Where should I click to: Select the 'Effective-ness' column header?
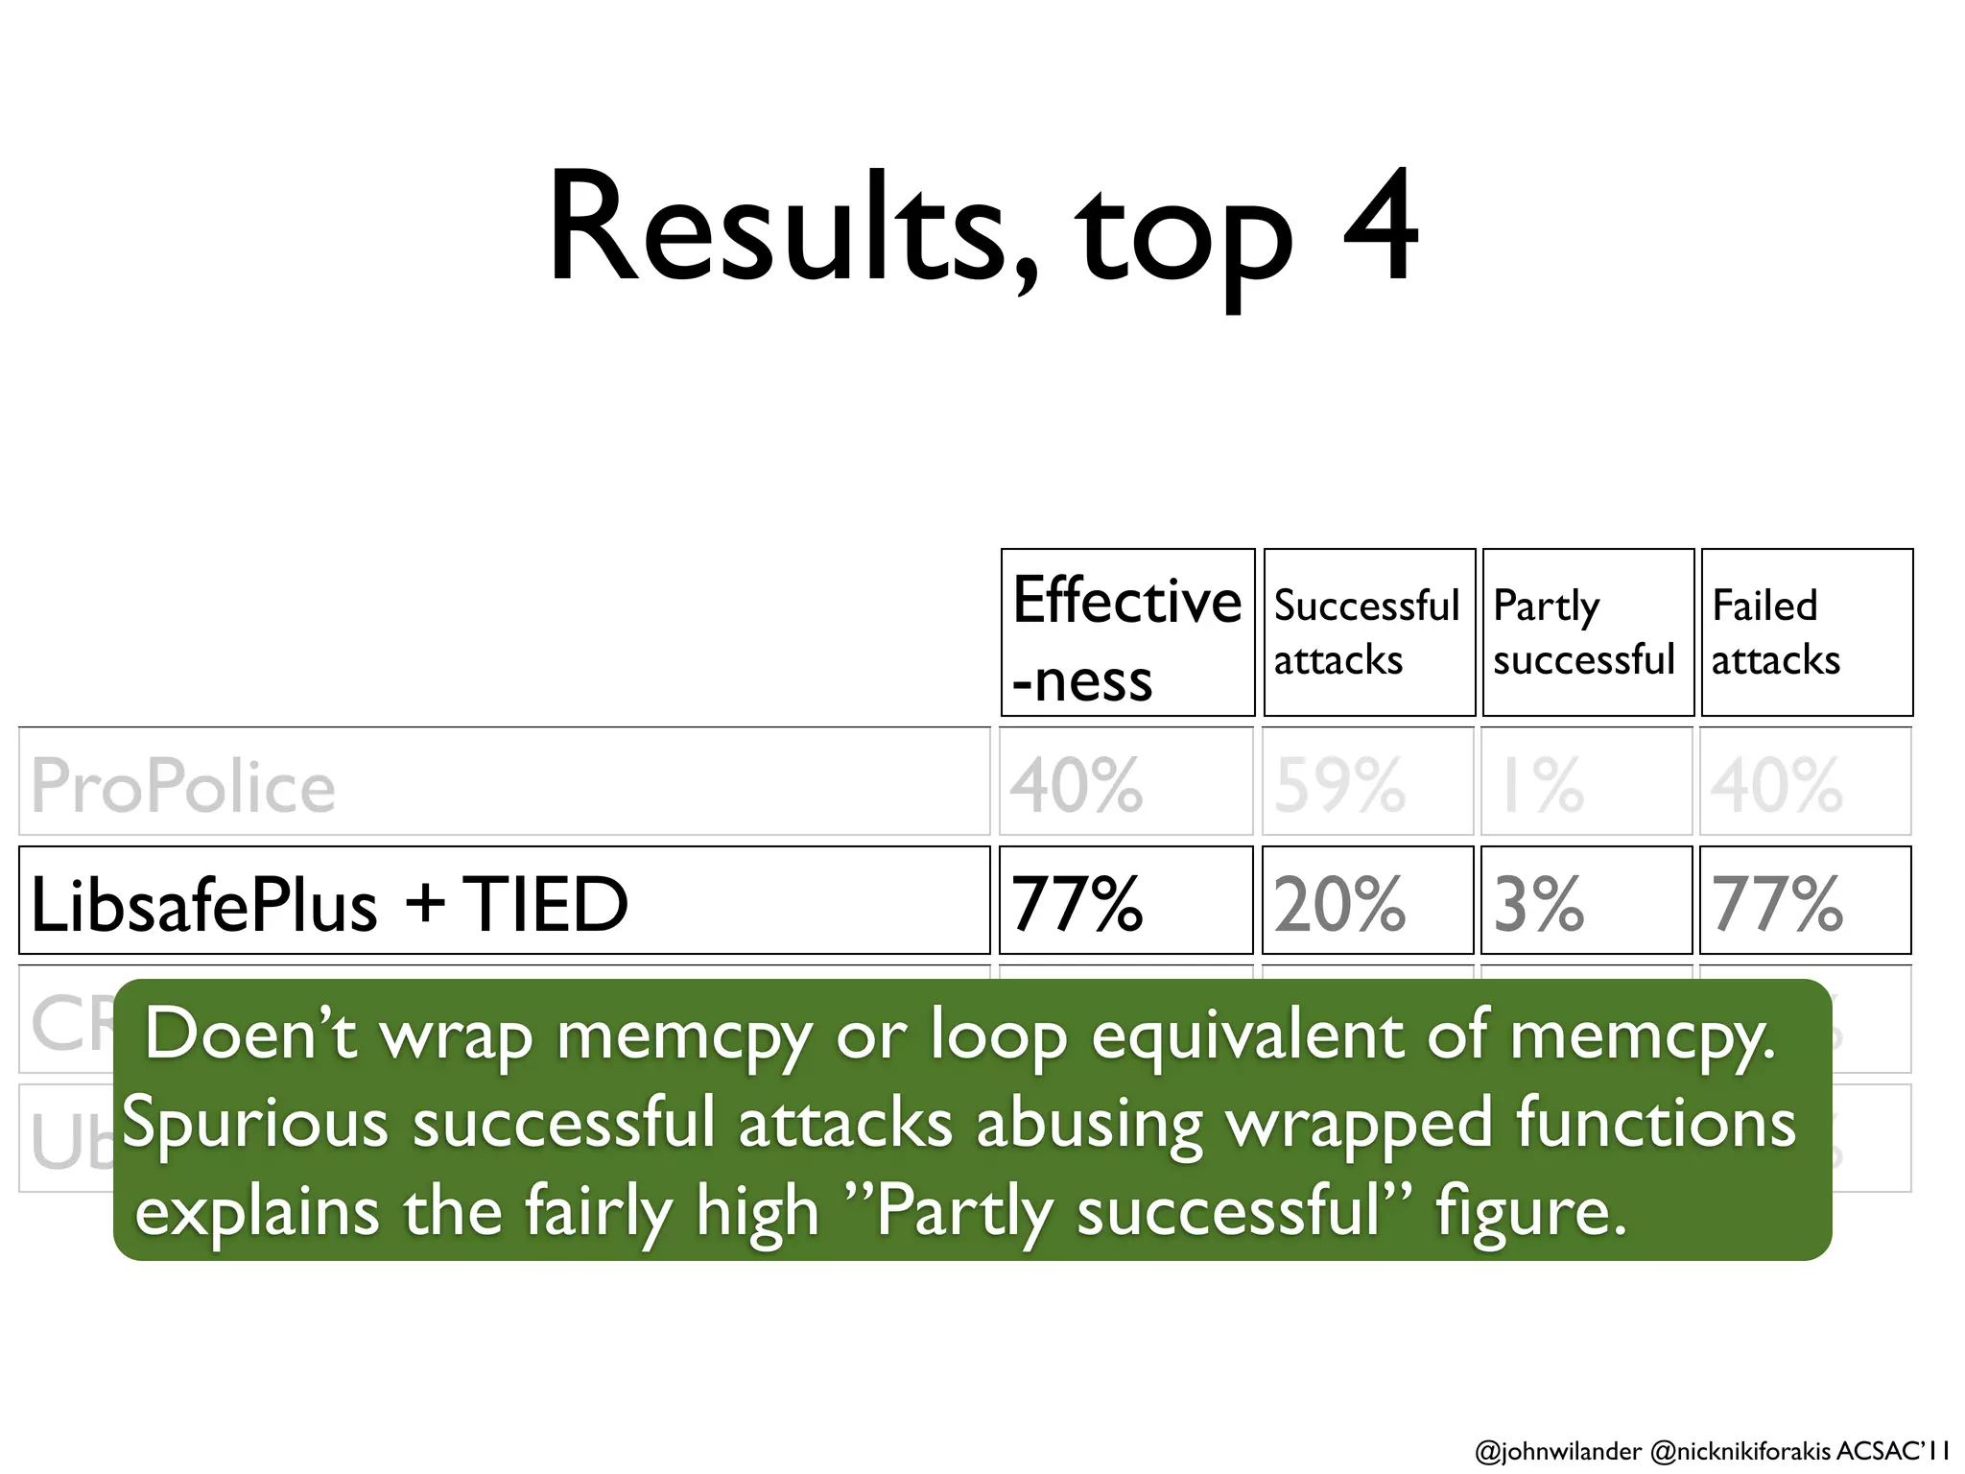[x=1127, y=633]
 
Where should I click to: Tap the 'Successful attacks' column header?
[x=1368, y=633]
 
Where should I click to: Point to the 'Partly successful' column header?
[x=1587, y=633]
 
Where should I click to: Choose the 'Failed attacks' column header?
[x=1806, y=633]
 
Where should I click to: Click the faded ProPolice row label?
[x=183, y=786]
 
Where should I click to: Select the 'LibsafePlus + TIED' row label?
[x=329, y=904]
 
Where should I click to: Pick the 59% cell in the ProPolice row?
[x=1340, y=786]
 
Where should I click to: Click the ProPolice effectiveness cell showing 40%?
[x=1077, y=786]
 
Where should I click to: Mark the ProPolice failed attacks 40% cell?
[x=1777, y=786]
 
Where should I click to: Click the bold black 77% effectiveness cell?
[x=1077, y=904]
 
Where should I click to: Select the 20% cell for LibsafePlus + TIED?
[x=1340, y=904]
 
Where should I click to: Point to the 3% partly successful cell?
[x=1539, y=904]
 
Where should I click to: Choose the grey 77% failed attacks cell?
[x=1777, y=904]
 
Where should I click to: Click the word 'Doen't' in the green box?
[x=251, y=1034]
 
